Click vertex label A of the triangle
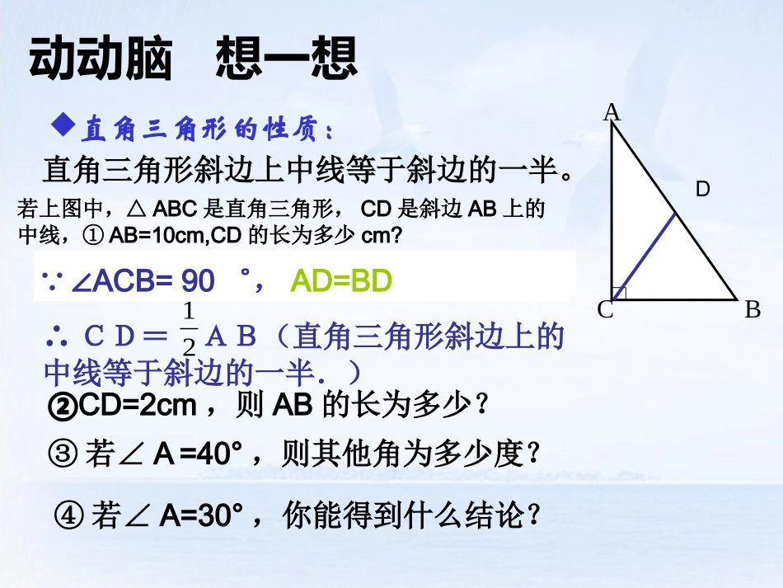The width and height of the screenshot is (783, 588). click(x=612, y=113)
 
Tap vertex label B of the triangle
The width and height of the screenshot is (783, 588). click(x=752, y=310)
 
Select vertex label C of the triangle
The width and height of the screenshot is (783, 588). click(x=605, y=311)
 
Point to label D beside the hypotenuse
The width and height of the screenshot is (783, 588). click(x=702, y=190)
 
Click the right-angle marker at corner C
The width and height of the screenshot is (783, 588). click(x=621, y=293)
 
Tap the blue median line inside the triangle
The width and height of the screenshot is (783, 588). click(x=645, y=256)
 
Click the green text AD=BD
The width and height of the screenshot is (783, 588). click(x=341, y=283)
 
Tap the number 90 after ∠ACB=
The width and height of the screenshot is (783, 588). click(x=198, y=283)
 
